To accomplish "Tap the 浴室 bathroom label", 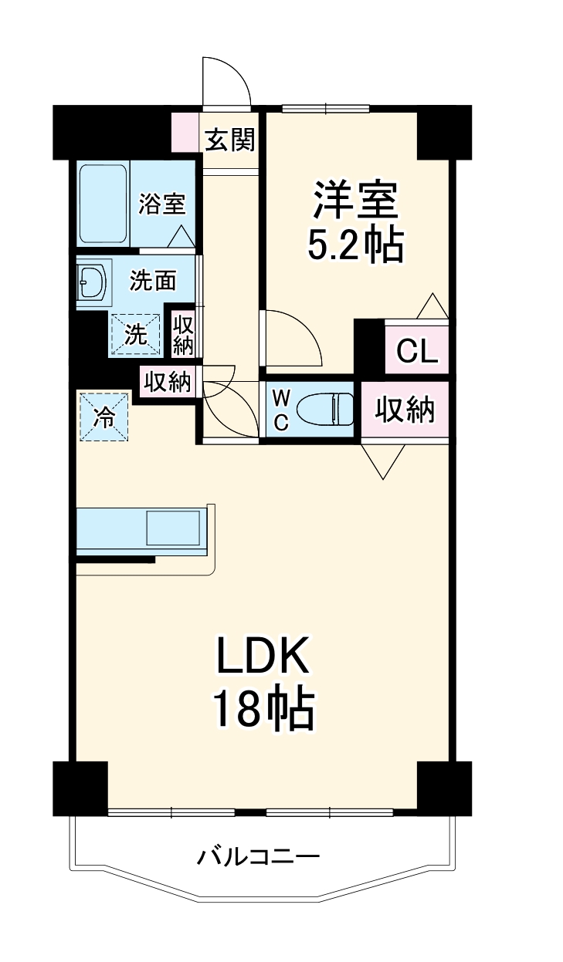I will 161,204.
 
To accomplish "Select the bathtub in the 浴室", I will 103,203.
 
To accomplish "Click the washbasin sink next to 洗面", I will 93,284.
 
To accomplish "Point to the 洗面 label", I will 152,281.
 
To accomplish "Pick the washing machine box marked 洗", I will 137,335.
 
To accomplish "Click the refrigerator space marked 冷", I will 103,417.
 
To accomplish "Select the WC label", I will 281,410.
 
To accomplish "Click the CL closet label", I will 416,351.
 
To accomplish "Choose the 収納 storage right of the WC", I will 405,410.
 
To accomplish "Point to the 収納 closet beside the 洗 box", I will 182,335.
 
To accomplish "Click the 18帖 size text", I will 263,710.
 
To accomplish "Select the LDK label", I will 263,657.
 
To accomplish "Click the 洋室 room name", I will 355,199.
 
